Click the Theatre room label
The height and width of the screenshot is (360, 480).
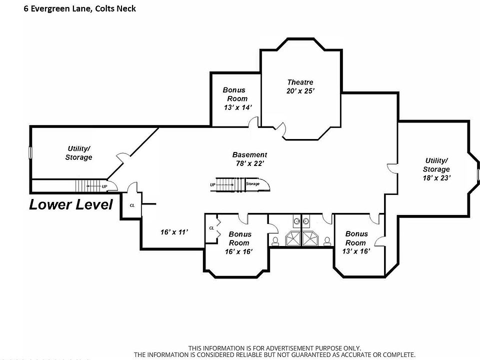(x=300, y=82)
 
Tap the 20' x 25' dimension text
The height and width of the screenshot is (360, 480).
(x=300, y=91)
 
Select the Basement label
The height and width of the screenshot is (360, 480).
(x=249, y=154)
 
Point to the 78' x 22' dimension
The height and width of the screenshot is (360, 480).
(x=249, y=163)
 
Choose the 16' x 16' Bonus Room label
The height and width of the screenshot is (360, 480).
(x=240, y=242)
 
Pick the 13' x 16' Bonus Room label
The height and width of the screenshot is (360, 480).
(x=356, y=242)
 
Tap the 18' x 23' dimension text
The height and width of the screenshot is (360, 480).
(x=436, y=177)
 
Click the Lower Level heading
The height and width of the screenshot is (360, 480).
(x=70, y=204)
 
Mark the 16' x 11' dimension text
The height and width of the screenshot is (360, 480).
(x=173, y=232)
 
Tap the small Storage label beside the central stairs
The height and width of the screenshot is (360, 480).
(x=253, y=184)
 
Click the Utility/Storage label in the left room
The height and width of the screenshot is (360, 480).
(x=78, y=153)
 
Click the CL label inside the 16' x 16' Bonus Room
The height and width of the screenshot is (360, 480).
(x=211, y=228)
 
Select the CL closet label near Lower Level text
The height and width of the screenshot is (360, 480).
(x=132, y=205)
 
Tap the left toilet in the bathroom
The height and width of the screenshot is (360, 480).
(x=275, y=241)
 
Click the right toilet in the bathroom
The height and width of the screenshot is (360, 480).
(x=327, y=241)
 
